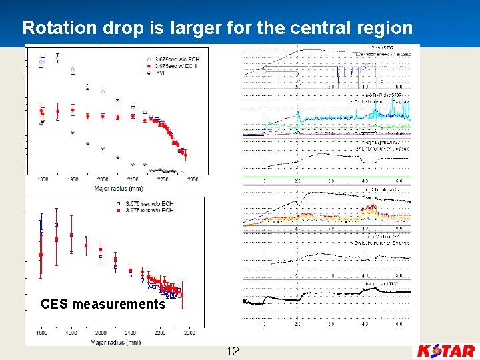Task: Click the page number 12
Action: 233,351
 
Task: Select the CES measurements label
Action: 103,305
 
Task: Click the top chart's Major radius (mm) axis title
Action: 117,188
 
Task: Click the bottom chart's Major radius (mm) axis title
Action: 115,342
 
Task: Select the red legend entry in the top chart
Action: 173,67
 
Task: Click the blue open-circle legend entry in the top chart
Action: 173,59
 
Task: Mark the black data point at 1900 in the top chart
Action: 73,133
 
